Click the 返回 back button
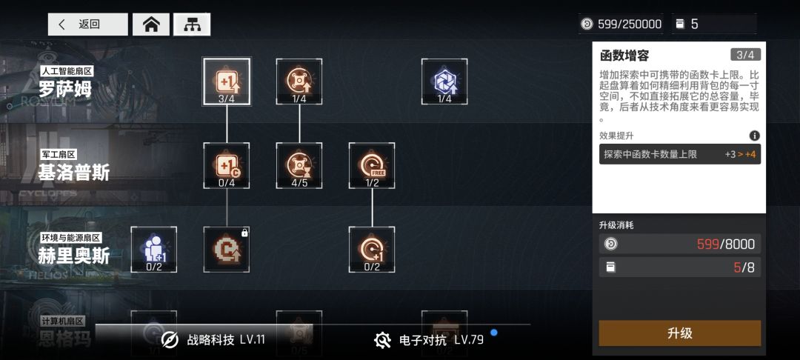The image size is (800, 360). [x=87, y=24]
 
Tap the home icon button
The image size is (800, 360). [x=151, y=24]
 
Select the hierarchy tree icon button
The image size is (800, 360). [x=192, y=24]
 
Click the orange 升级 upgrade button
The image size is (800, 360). [x=679, y=333]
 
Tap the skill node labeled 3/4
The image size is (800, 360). [x=227, y=81]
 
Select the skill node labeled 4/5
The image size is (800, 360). [x=299, y=165]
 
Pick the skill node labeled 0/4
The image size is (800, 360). [x=227, y=165]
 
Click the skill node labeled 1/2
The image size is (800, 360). [x=372, y=165]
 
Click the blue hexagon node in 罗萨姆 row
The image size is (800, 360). [x=444, y=81]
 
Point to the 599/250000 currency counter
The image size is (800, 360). [x=621, y=24]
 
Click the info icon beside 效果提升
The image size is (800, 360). [x=754, y=136]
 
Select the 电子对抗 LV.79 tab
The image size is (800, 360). [x=430, y=340]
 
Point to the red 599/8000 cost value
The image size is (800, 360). [x=725, y=244]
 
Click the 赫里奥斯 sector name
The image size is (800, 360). [x=74, y=255]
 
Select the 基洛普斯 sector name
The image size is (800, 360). [x=74, y=172]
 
